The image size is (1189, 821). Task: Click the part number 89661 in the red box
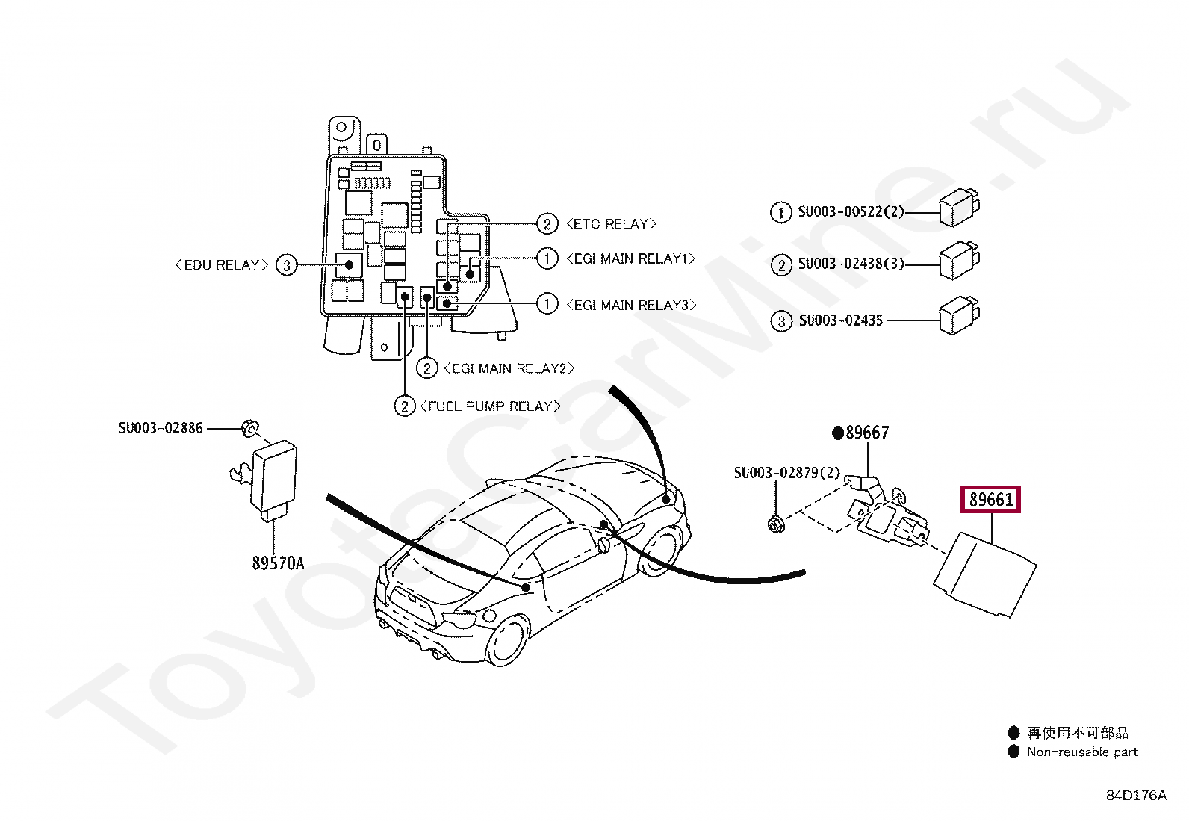coord(990,500)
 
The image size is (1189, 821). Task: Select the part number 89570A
coord(278,563)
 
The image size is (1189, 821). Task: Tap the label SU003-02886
coord(161,428)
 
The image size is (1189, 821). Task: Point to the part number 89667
coord(867,433)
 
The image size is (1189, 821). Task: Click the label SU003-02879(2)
coord(787,473)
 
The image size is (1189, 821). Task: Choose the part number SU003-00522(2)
coord(851,212)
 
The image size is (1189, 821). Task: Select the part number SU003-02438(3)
coord(851,264)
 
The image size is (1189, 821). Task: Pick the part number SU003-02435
coord(841,320)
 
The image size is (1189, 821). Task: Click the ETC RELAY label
coord(612,224)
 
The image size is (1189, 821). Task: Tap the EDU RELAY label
coord(222,265)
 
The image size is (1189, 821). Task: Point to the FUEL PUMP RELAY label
coord(490,406)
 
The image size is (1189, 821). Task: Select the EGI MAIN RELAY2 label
coord(509,368)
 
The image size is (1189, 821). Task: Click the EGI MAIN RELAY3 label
coord(631,305)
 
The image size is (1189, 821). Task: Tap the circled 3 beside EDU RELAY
coord(287,265)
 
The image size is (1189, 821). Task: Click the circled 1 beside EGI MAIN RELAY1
coord(547,258)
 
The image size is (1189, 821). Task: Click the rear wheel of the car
coord(507,640)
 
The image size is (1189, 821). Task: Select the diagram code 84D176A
coord(1137,796)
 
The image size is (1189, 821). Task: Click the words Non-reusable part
coord(1082,752)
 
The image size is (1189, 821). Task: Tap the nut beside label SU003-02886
coord(250,428)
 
